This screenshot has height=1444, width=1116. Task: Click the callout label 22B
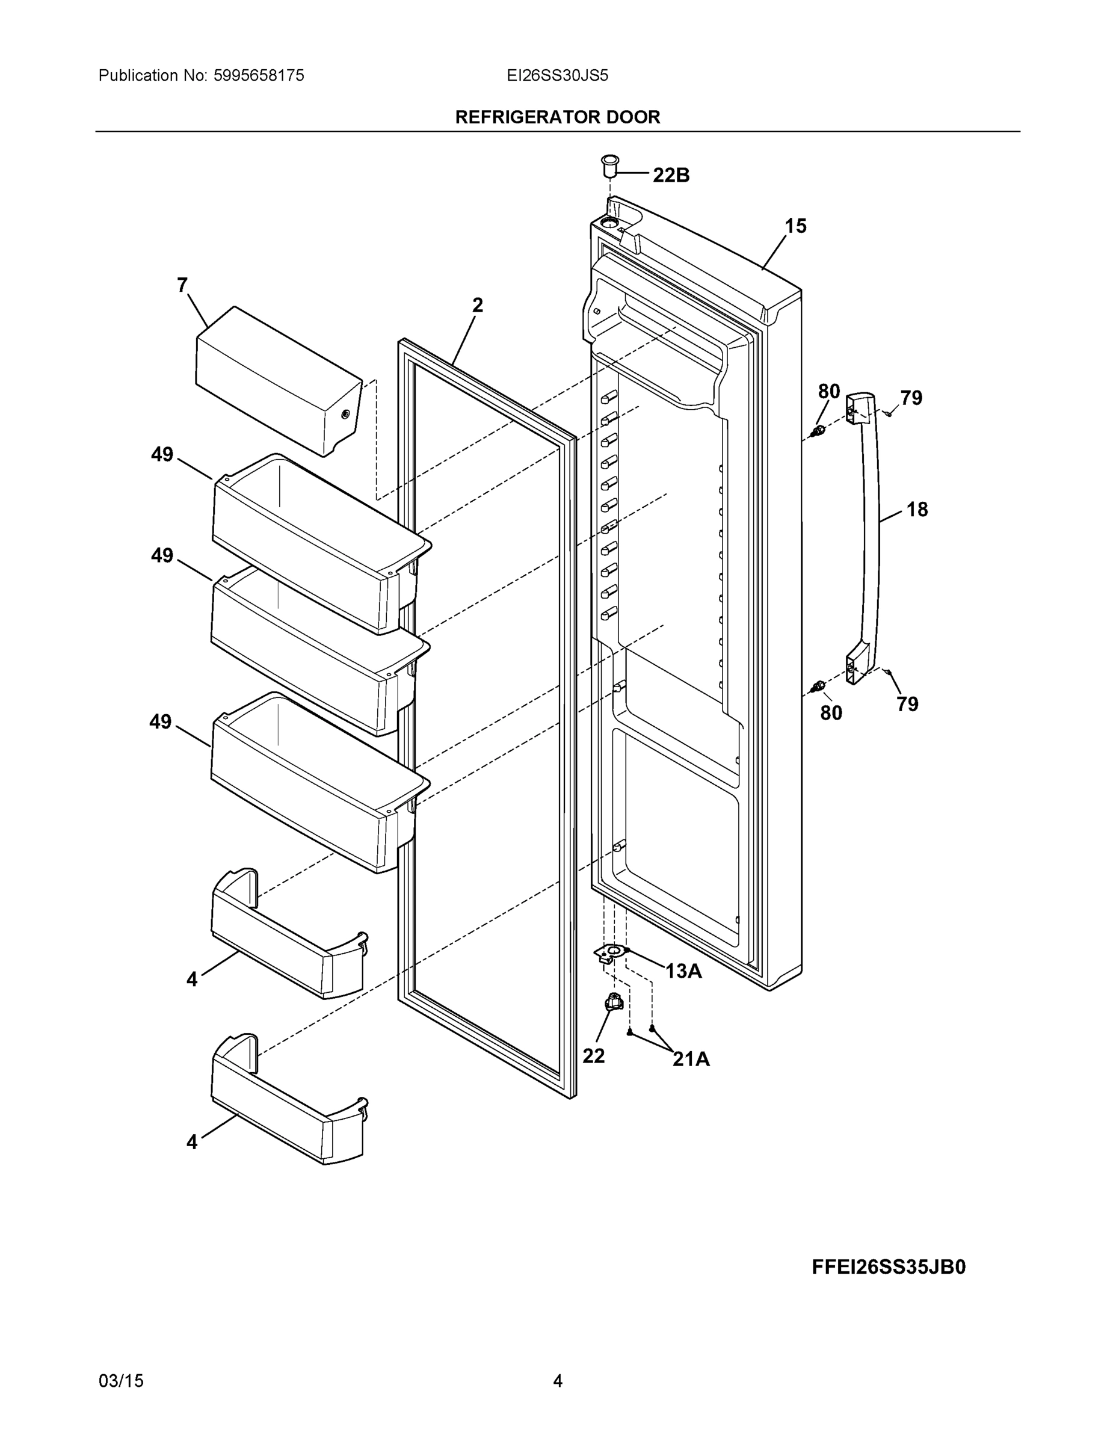(x=670, y=175)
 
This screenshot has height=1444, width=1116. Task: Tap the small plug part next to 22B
(x=609, y=165)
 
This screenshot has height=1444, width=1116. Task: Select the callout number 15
(x=795, y=226)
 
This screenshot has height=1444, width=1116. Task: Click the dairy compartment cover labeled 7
(x=278, y=380)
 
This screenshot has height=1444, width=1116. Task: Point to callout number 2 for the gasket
(x=477, y=305)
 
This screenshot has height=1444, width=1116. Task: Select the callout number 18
(x=917, y=509)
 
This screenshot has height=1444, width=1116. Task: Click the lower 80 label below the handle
(x=831, y=713)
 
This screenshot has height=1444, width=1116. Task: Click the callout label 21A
(x=691, y=1059)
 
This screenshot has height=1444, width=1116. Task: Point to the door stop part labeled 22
(x=614, y=1004)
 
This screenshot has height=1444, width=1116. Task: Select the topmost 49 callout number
(x=162, y=454)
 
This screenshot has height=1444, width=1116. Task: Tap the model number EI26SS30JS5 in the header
(x=556, y=75)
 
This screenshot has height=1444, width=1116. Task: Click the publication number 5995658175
(x=259, y=75)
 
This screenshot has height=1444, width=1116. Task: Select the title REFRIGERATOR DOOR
(x=557, y=117)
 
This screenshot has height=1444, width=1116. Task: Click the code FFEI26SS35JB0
(x=889, y=1266)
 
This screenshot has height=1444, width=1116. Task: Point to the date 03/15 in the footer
(x=121, y=1381)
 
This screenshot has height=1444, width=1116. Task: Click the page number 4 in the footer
(x=557, y=1381)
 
